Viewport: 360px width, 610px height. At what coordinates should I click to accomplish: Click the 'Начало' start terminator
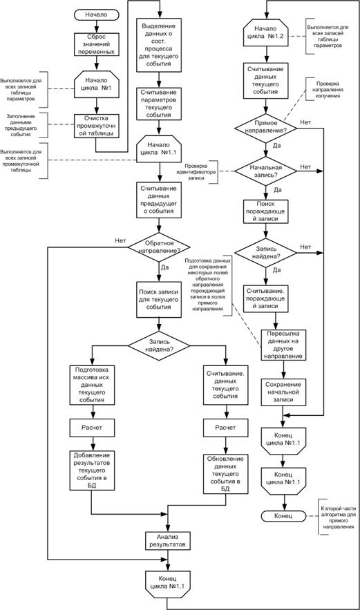pos(97,14)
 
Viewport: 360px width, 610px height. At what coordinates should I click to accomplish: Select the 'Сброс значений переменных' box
pos(97,44)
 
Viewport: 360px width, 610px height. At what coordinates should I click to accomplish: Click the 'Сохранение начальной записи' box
pos(281,391)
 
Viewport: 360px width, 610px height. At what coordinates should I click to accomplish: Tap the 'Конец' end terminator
pos(281,515)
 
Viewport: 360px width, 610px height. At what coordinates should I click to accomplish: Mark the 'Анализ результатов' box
pos(167,540)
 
